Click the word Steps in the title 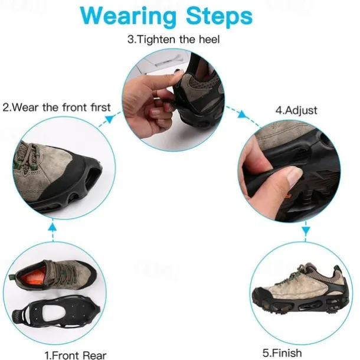(x=220, y=16)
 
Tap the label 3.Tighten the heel (x=174, y=40)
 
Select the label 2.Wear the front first (x=57, y=107)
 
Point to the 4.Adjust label (x=296, y=110)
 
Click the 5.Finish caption (x=282, y=352)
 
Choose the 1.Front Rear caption (x=76, y=355)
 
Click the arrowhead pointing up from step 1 (x=53, y=227)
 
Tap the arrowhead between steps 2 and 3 (x=110, y=119)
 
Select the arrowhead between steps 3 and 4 (x=241, y=114)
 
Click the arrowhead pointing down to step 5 (x=306, y=231)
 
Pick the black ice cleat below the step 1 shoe (x=56, y=313)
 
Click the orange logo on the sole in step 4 (x=287, y=196)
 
